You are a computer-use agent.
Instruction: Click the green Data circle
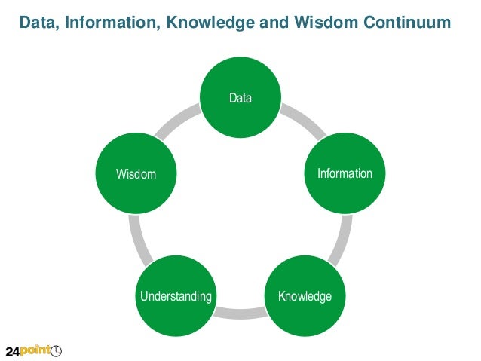pyautogui.click(x=240, y=98)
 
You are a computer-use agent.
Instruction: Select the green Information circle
pyautogui.click(x=345, y=173)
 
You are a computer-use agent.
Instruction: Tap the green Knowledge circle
pyautogui.click(x=305, y=296)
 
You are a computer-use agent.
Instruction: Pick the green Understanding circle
pyautogui.click(x=176, y=296)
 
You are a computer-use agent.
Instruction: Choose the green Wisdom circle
pyautogui.click(x=136, y=174)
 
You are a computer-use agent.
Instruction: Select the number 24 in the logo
pyautogui.click(x=14, y=350)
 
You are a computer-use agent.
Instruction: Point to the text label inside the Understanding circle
pyautogui.click(x=176, y=296)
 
